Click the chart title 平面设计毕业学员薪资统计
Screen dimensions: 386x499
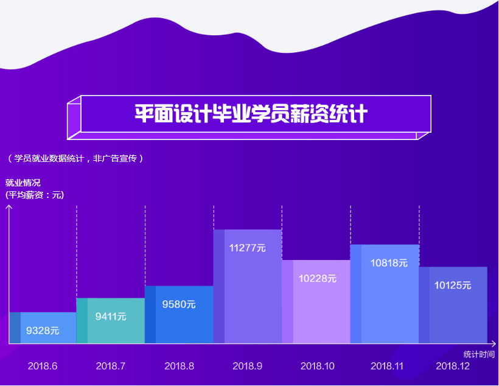[251, 114]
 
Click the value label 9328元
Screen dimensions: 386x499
[43, 331]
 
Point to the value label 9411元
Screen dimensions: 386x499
[111, 316]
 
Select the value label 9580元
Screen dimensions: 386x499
[179, 304]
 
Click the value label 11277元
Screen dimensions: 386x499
[247, 248]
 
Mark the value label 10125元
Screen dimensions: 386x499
[453, 284]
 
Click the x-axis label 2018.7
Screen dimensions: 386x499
[111, 366]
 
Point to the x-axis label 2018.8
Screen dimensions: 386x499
[179, 366]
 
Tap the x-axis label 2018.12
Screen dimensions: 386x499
[453, 366]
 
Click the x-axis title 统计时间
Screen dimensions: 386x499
[479, 354]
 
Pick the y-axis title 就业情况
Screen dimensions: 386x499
[23, 183]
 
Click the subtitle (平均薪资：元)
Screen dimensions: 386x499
[35, 195]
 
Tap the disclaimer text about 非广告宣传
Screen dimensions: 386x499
[75, 158]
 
